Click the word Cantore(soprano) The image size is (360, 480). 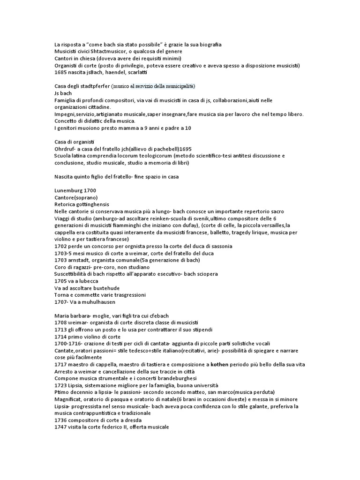tap(75, 197)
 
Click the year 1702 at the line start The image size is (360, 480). tap(61, 246)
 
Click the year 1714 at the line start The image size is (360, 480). tap(61, 336)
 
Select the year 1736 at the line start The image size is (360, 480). tap(61, 420)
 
